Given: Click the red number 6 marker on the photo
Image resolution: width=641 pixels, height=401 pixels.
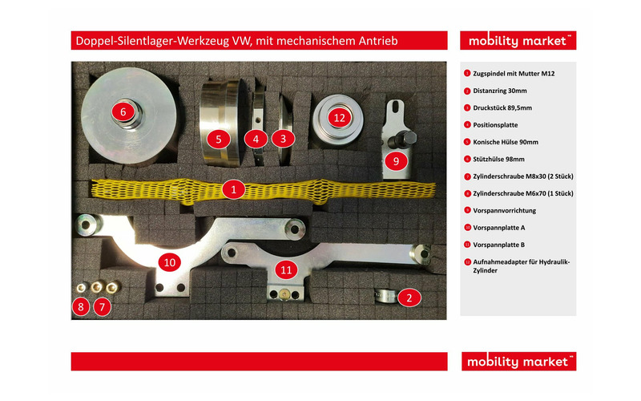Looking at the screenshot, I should [123, 111].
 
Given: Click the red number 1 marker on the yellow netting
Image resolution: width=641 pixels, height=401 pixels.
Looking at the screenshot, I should [233, 190].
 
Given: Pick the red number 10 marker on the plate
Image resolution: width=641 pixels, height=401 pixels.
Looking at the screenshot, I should [169, 261].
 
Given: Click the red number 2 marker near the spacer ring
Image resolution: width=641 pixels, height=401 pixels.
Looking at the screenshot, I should [409, 298].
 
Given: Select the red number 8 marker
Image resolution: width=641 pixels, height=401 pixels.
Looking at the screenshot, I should [80, 306].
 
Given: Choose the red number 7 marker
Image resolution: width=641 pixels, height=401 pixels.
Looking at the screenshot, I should [101, 306].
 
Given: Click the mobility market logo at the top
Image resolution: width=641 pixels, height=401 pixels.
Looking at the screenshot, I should [518, 41].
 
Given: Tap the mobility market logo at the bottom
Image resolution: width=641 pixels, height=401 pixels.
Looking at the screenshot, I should [518, 362].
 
